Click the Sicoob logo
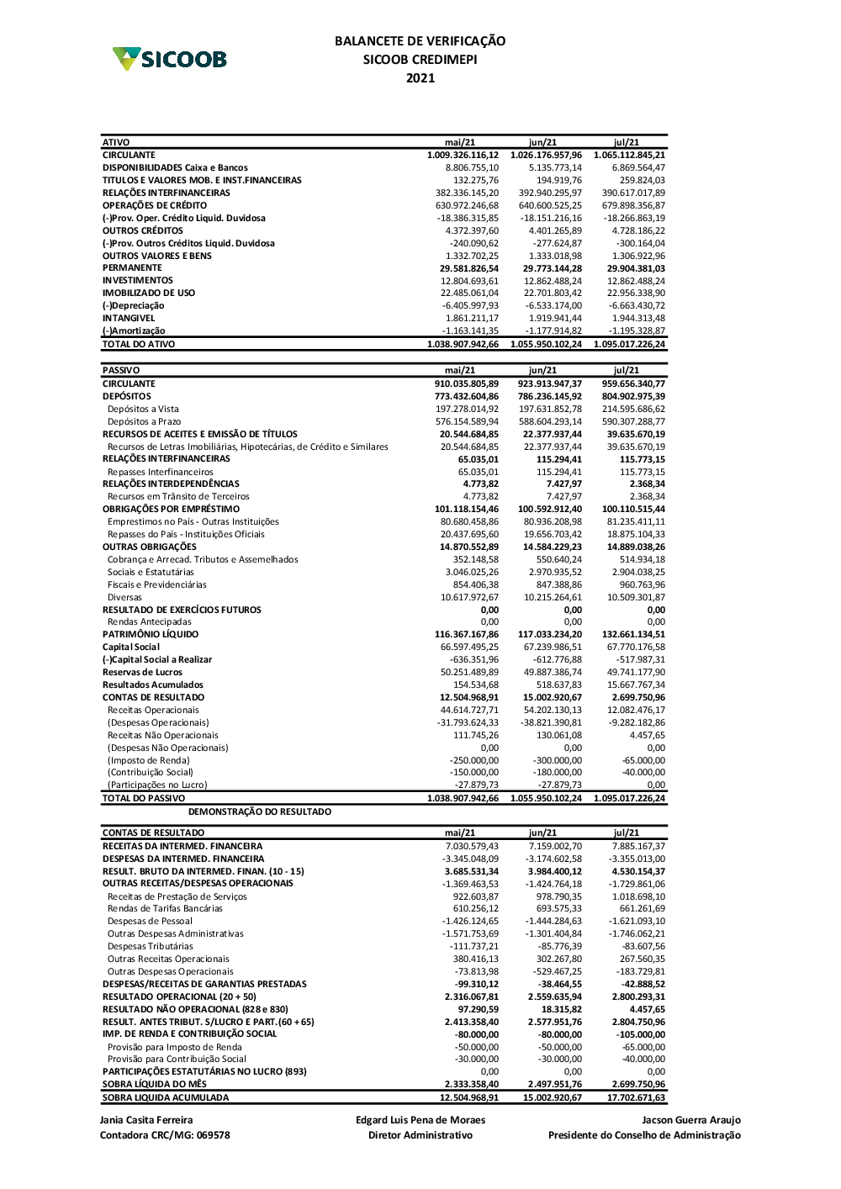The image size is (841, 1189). pos(170,59)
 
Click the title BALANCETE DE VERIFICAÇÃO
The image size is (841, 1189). pos(420,40)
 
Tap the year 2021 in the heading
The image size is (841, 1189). pos(420,78)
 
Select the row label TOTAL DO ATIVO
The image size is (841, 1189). pos(139,344)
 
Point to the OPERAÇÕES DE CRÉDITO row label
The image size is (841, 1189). pos(155,205)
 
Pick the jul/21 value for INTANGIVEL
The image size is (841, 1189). pos(638,319)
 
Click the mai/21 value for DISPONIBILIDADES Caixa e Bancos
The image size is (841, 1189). pos(472,167)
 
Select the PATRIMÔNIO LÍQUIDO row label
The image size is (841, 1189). pos(151,635)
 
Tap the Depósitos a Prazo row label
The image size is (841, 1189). pos(144,421)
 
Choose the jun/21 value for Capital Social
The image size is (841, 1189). pos(553,647)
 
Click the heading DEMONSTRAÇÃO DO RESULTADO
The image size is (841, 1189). pos(260,812)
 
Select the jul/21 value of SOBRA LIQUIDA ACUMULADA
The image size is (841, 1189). pos(636,1097)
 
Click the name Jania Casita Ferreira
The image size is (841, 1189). pos(146,1120)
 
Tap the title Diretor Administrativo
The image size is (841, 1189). pos(420,1135)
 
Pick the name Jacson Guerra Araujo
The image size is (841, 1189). pos(691,1120)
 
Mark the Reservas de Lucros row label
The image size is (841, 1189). pos(142,673)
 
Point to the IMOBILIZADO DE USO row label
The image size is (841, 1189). pos(149,293)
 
